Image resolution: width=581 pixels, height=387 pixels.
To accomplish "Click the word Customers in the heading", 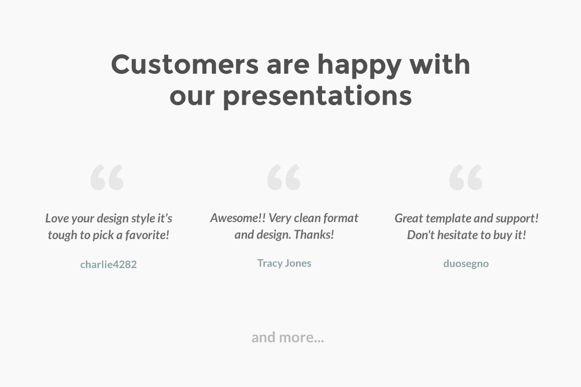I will (184, 64).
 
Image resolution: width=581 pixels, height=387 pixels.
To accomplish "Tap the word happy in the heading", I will (359, 64).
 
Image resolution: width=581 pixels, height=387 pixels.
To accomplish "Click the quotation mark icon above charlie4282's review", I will (107, 177).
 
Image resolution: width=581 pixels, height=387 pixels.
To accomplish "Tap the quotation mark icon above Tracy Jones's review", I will (284, 177).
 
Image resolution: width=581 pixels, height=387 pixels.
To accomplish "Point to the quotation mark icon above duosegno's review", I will (466, 177).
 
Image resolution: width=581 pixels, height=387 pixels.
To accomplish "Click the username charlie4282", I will (108, 264).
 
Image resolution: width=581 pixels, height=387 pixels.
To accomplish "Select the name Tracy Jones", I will (284, 263).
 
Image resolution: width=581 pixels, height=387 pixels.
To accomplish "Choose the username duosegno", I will (466, 264).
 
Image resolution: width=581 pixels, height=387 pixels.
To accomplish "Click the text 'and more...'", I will (287, 337).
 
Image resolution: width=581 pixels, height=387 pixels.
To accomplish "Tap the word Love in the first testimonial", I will (57, 219).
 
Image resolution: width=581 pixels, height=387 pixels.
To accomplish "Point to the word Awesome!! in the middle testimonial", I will (238, 218).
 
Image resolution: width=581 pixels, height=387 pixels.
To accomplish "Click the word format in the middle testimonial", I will (341, 218).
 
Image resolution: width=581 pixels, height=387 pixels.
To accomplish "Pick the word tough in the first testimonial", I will (62, 235).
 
